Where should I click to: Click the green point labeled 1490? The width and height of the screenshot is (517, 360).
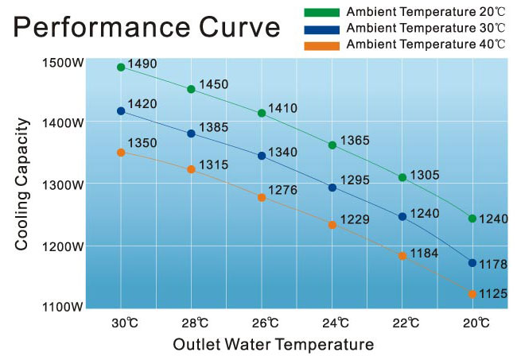click(121, 68)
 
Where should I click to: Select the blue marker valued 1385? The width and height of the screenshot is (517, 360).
click(191, 134)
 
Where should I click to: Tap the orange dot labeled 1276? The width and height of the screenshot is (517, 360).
click(262, 197)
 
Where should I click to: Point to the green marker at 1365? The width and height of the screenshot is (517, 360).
click(332, 145)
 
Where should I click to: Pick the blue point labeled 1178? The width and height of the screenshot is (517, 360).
click(472, 262)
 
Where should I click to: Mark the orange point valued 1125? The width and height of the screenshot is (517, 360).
click(472, 294)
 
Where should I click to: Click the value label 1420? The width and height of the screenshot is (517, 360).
click(142, 104)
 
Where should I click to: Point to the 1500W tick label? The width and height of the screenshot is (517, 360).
click(61, 62)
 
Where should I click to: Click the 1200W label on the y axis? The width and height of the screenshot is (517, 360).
click(61, 246)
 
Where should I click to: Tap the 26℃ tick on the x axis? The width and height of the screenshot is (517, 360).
click(262, 323)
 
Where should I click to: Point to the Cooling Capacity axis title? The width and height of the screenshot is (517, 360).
click(22, 184)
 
